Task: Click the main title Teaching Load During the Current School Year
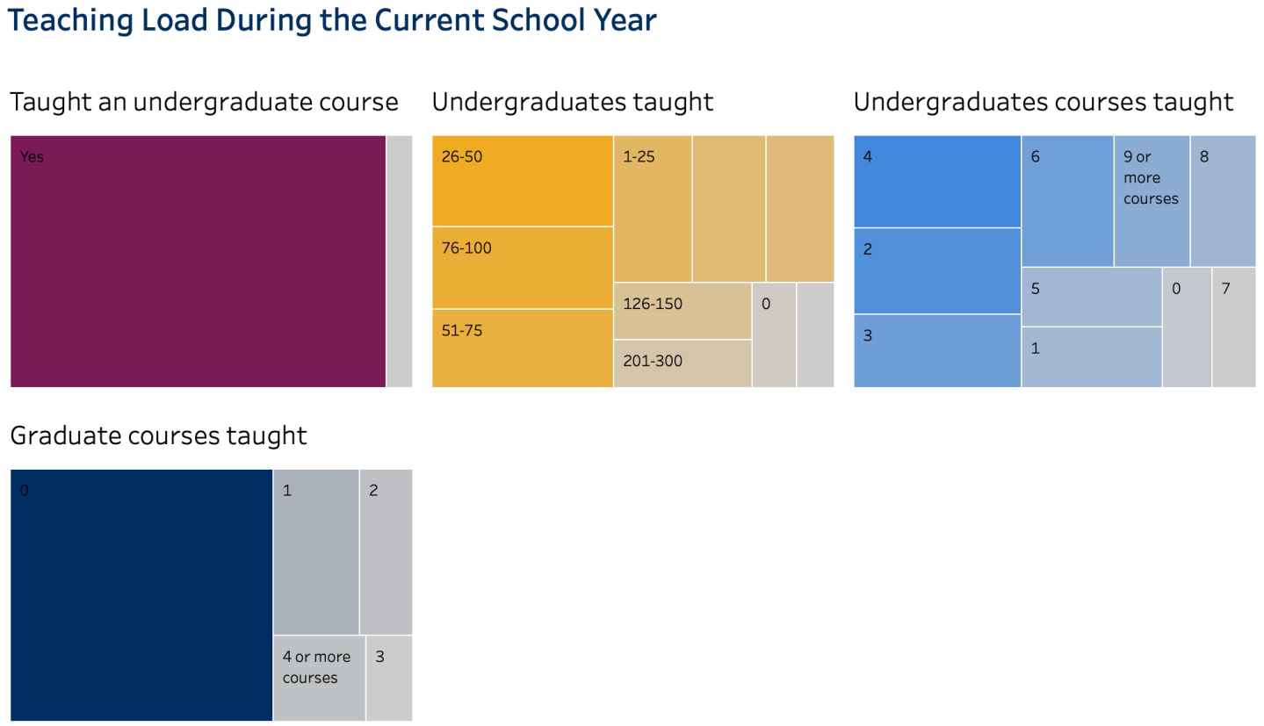coord(332,20)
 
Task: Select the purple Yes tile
coord(198,261)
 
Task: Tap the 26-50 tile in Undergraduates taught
coord(522,181)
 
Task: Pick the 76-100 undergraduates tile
coord(522,268)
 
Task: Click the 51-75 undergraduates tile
coord(522,348)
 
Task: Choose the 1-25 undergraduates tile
coord(652,209)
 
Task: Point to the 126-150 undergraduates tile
coord(682,311)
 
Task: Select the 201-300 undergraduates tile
coord(682,363)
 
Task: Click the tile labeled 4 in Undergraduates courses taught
coord(936,182)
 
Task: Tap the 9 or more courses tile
coord(1152,201)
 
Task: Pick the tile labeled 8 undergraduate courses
coord(1223,201)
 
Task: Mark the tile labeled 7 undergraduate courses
coord(1233,327)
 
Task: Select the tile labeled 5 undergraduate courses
coord(1091,297)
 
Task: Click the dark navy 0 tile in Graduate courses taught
coord(141,595)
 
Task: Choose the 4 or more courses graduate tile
coord(319,678)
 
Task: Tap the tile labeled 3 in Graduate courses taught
coord(388,678)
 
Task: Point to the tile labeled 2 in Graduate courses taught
coord(386,551)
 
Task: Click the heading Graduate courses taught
coord(158,435)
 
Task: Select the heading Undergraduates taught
coord(572,102)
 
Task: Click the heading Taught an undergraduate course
coord(204,102)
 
